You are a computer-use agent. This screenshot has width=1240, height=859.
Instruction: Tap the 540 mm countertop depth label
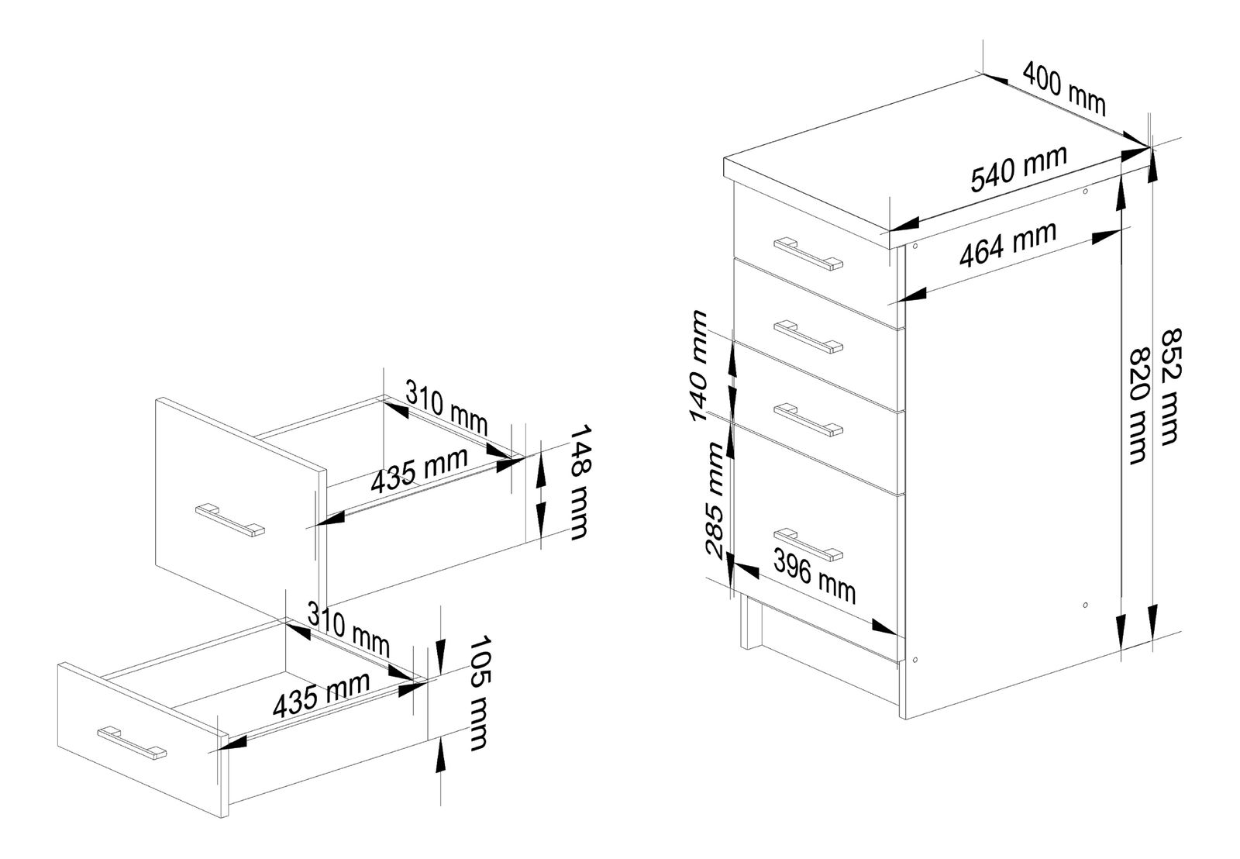[x=1018, y=168]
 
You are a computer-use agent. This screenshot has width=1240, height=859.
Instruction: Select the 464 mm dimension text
[x=1007, y=244]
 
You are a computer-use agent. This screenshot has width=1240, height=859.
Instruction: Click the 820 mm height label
[x=1137, y=403]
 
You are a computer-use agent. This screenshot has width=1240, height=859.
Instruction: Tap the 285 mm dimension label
[x=715, y=501]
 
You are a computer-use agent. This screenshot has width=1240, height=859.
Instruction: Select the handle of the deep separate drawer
[x=230, y=519]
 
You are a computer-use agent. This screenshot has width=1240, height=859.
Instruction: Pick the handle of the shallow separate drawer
[x=132, y=741]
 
